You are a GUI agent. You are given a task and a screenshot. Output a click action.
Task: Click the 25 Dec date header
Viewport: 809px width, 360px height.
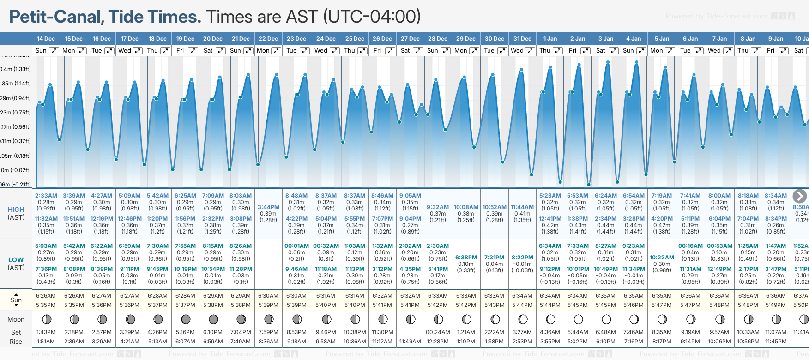355,39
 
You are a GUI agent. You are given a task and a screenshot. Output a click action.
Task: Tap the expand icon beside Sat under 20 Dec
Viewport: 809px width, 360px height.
221,51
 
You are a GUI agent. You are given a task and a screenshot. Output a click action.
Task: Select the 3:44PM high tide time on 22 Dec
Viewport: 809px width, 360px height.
268,207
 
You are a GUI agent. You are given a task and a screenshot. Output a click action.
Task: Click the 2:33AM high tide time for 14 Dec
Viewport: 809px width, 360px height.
46,196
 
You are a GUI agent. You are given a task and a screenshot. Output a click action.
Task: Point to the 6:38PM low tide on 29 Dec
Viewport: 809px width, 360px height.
466,258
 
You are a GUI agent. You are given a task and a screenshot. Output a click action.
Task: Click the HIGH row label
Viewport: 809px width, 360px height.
16,210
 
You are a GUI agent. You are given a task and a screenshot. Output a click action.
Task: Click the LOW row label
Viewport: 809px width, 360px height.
16,260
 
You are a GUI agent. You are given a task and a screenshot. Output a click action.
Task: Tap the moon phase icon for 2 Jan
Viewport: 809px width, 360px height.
578,319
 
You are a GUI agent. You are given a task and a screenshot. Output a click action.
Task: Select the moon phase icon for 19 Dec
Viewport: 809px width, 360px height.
186,319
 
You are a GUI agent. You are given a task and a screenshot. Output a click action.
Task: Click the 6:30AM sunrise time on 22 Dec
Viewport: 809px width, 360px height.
268,296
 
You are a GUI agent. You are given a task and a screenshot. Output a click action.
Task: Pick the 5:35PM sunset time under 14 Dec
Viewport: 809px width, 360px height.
46,305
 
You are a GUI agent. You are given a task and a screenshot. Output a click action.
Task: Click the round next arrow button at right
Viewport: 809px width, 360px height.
800,196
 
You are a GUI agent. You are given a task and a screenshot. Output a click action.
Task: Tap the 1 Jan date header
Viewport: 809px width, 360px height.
550,39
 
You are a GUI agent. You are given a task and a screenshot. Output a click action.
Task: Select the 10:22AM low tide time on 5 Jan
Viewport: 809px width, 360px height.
662,258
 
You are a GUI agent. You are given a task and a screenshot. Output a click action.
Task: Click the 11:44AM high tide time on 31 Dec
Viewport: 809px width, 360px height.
522,207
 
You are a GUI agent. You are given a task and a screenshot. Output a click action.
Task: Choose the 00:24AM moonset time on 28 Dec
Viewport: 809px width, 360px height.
438,332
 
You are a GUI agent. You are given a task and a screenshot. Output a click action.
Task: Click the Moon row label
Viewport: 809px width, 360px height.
16,319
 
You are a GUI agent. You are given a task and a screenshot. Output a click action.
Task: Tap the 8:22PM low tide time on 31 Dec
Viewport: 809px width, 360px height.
522,258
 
